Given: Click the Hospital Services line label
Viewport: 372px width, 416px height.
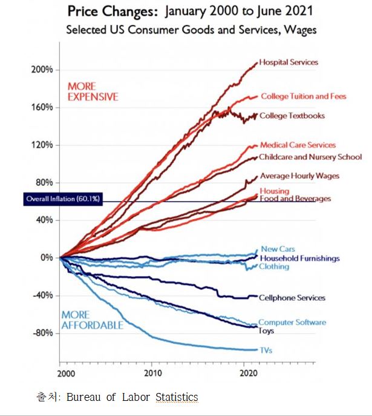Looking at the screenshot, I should tap(289, 62).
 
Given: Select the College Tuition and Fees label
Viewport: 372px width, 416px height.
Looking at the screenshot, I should tap(295, 96).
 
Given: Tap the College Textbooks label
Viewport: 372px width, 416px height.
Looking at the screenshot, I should tap(292, 116).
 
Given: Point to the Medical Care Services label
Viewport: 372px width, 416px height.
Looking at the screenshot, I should tap(298, 145).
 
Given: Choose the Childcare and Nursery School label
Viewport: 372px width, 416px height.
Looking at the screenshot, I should tap(301, 157).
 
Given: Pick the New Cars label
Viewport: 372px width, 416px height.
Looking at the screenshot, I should tap(278, 249).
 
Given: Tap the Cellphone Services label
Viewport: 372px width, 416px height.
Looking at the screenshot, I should tap(292, 298).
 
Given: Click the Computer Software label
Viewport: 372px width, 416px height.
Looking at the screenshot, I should tap(292, 323).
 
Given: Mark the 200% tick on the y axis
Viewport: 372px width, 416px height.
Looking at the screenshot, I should tap(42, 70).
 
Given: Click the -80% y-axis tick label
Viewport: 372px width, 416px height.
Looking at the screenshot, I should tap(42, 333).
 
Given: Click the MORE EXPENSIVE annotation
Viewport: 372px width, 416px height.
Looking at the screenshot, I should tap(93, 91).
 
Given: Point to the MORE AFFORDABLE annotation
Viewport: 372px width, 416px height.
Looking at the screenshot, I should tap(92, 320).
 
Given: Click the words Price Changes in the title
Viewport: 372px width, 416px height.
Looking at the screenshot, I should tap(107, 12).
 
